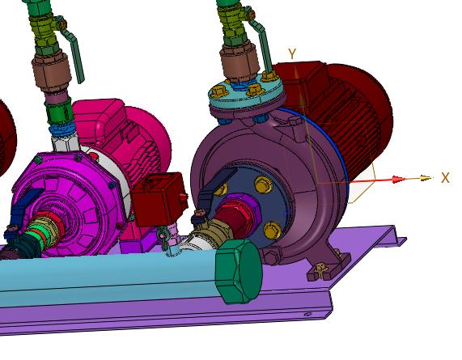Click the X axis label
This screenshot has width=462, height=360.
(x=445, y=178)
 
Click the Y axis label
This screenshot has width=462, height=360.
(x=292, y=54)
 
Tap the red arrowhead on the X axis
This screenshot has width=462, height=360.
(x=397, y=180)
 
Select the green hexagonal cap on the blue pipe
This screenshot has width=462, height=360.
(x=239, y=271)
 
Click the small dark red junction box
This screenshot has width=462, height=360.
(x=159, y=199)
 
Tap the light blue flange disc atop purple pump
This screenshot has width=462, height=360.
(x=246, y=91)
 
